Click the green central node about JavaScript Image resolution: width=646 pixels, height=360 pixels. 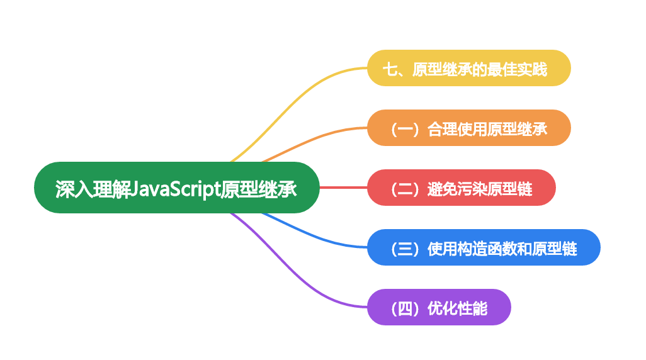coord(177,188)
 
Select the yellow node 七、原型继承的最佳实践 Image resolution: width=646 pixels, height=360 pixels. coord(469,68)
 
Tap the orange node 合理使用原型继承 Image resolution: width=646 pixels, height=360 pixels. coord(469,128)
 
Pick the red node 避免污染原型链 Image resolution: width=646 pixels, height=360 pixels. coord(462,188)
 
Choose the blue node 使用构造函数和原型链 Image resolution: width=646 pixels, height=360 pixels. coord(484,247)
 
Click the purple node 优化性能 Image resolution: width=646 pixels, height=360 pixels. coord(439,307)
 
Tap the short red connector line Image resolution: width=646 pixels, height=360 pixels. coord(343,188)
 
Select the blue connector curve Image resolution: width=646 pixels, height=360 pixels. coord(313,235)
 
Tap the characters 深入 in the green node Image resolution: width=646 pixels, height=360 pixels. coord(74,189)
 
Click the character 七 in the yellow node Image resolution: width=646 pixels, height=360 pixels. coord(390,69)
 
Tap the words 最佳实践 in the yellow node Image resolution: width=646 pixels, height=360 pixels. coord(517,69)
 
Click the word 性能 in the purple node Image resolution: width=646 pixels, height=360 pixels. coord(473,308)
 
